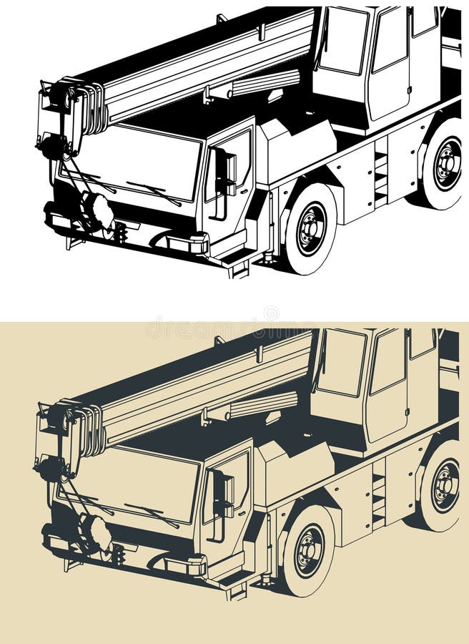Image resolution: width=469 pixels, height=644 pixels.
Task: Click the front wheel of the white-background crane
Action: [x=311, y=230]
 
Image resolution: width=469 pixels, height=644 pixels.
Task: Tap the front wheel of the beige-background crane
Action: [x=309, y=551]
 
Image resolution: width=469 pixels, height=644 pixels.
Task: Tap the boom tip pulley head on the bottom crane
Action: [x=85, y=429]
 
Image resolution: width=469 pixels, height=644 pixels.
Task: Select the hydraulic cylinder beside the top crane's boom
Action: [x=254, y=86]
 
